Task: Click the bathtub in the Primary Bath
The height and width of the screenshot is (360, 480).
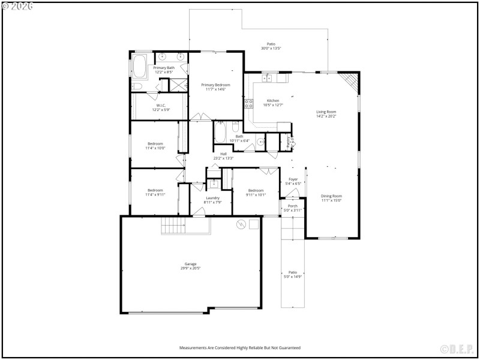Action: point(139,67)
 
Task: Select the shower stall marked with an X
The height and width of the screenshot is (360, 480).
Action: point(178,85)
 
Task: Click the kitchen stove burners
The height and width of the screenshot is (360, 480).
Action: point(248,104)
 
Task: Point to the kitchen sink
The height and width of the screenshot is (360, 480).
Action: point(267,77)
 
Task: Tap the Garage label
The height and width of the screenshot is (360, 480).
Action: point(191,264)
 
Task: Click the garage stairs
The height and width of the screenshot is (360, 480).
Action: point(175,226)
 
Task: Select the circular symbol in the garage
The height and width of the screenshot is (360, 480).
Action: point(241,224)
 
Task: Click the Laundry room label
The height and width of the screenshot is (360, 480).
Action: point(212,198)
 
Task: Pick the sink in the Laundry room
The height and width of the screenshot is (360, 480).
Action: point(213,184)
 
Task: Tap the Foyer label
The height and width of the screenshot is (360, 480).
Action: point(293,179)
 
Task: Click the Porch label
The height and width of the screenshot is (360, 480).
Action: point(293,206)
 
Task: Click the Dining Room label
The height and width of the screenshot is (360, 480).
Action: point(331,196)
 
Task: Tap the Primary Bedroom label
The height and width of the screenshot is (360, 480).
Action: point(215,85)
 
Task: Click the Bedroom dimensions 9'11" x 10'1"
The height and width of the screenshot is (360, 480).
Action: point(256,194)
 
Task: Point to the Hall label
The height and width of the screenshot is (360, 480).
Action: point(223,154)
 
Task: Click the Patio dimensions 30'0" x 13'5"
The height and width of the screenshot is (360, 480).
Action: point(271,49)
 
